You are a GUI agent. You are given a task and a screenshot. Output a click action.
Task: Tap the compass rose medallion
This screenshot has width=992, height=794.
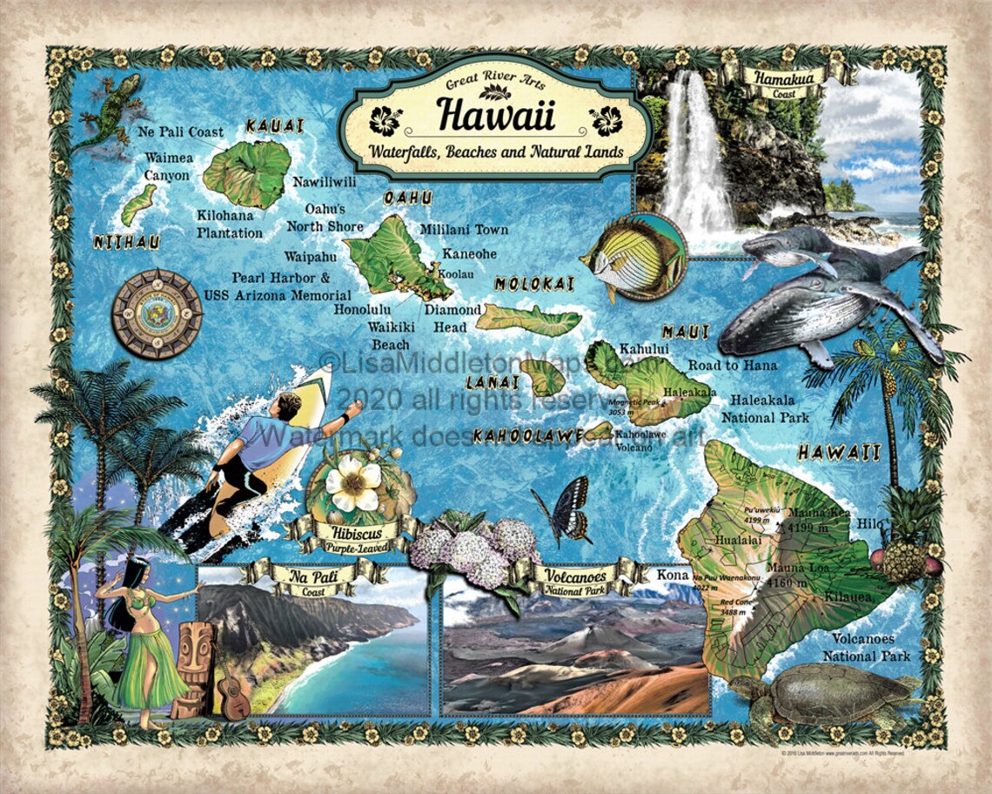pos(158,314)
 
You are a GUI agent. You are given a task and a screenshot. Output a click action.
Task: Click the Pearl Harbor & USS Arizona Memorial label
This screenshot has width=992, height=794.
pos(278,286)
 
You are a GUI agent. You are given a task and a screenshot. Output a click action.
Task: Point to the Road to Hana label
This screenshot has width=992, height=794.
pos(732,366)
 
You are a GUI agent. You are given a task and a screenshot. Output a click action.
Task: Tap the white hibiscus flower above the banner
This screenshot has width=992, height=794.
pos(352,482)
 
